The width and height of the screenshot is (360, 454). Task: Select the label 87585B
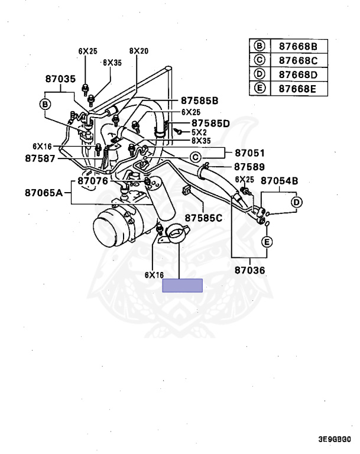(x=199, y=100)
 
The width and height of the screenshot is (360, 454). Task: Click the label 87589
(x=249, y=167)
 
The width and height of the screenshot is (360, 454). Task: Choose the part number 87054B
(x=280, y=180)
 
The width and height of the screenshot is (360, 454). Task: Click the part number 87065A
(x=44, y=192)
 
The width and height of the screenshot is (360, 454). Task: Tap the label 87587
(x=40, y=158)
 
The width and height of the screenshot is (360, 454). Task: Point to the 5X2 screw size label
(x=199, y=132)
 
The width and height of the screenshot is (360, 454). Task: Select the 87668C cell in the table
(x=298, y=60)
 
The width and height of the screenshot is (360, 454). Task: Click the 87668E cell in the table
(x=298, y=89)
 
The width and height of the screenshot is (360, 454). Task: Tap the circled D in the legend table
(x=259, y=74)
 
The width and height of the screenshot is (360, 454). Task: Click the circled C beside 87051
(x=194, y=156)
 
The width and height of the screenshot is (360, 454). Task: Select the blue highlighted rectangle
(x=183, y=286)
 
